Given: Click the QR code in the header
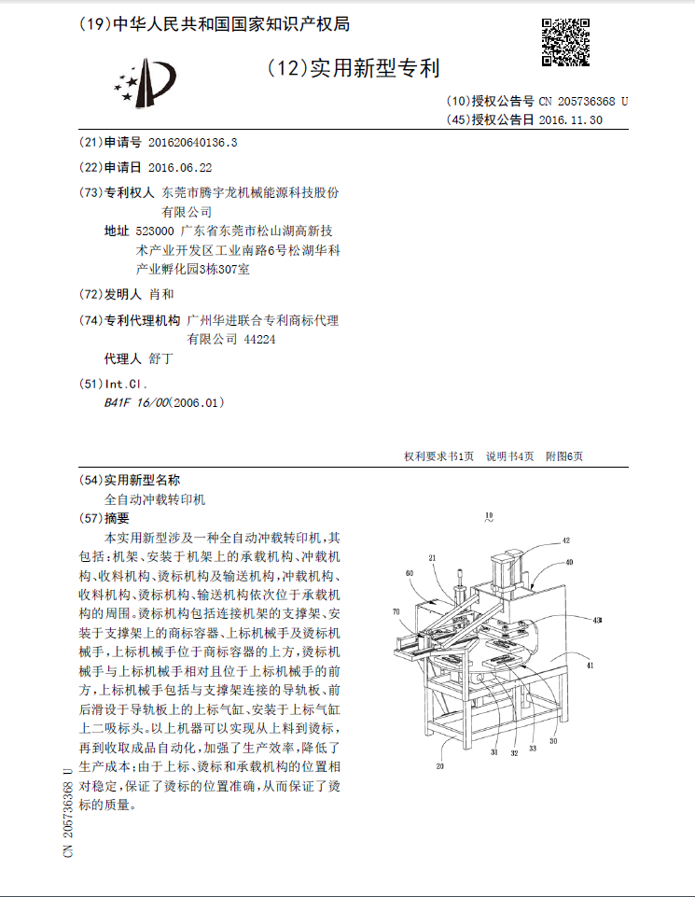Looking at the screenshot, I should coord(565,42).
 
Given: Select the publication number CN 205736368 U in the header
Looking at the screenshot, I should coord(583,102).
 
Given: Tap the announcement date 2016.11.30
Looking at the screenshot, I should coord(571,120).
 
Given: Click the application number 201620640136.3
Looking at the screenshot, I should coord(193,143).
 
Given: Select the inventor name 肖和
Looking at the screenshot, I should coord(162,295).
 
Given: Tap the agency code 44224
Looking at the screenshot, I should coord(259,341).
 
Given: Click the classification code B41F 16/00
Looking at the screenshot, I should coord(135,403).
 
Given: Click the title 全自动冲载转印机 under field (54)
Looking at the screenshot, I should coord(154,499).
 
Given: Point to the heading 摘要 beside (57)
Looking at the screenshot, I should coord(118,518).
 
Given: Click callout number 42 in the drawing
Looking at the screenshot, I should coord(565,540).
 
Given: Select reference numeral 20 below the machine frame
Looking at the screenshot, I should coord(439,766).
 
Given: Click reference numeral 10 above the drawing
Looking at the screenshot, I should coord(490,514).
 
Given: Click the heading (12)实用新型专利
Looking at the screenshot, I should coord(354,68).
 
